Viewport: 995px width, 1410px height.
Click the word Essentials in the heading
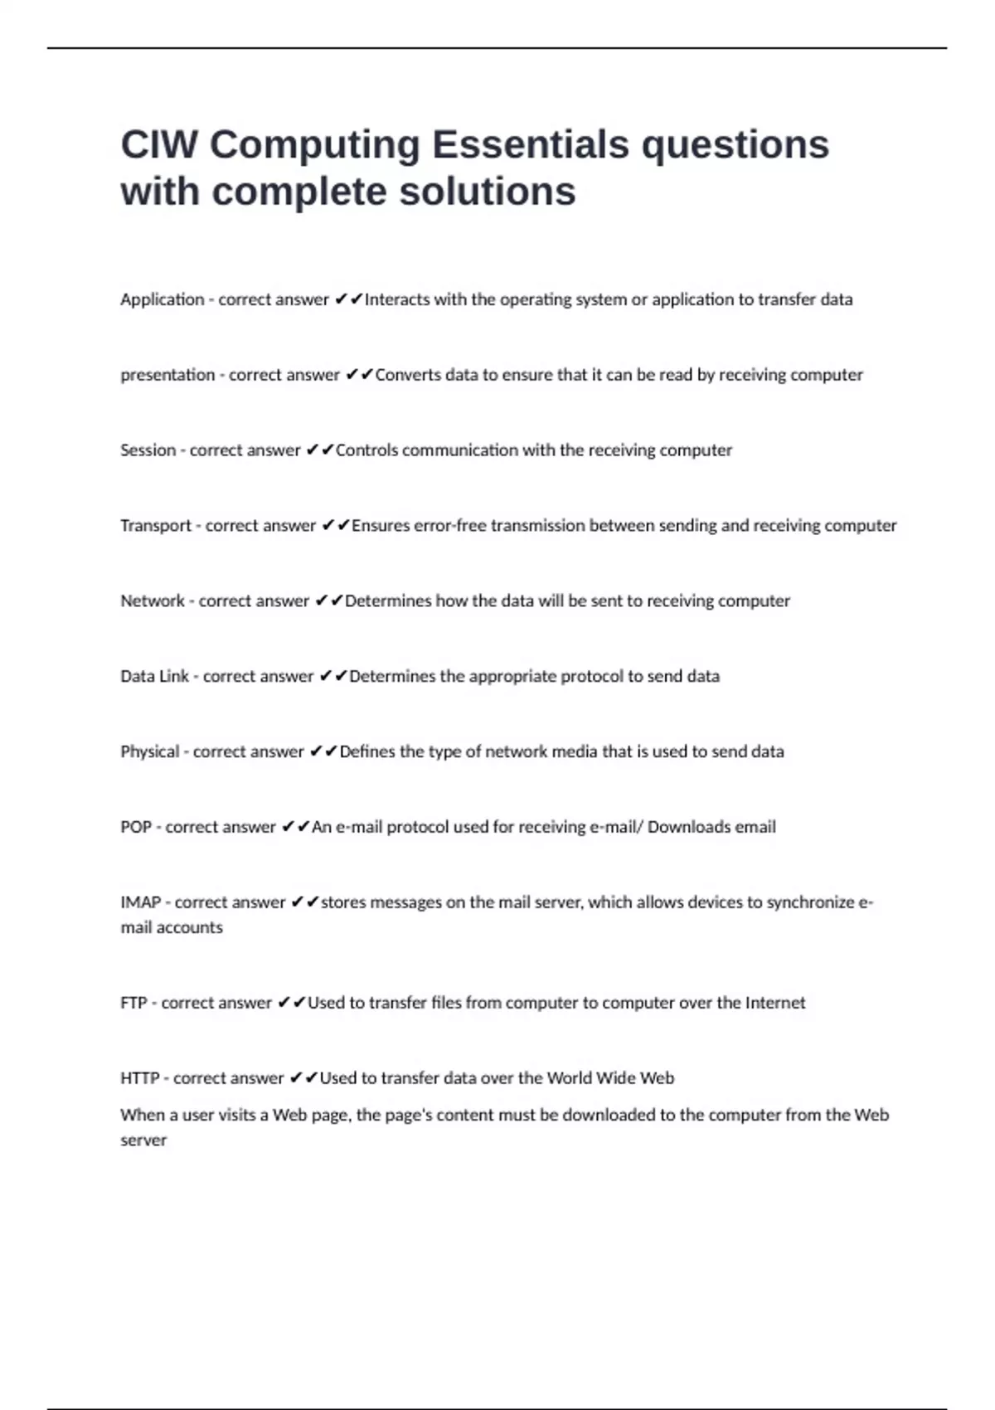pos(531,144)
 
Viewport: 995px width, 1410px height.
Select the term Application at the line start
pos(162,299)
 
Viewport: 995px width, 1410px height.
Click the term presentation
pos(167,375)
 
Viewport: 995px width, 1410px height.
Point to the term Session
pos(148,450)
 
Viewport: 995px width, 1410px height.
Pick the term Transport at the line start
pos(156,526)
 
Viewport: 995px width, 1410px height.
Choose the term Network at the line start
pos(153,601)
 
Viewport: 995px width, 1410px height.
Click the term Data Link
pos(154,677)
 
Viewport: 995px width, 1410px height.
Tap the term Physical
pos(149,752)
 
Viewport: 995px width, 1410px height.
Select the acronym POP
pos(136,828)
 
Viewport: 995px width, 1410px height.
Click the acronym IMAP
pos(140,902)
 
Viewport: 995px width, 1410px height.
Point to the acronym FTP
pos(133,1003)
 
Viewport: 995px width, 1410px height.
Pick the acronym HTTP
pos(139,1078)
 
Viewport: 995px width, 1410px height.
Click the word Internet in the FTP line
pos(774,1003)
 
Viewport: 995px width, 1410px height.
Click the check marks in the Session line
pos(319,450)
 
